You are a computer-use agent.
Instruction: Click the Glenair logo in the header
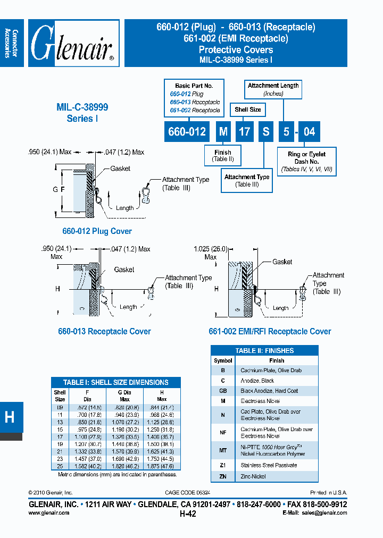(73, 43)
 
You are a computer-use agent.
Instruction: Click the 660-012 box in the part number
(187, 131)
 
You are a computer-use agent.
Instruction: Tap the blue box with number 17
(244, 131)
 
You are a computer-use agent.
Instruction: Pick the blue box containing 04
(309, 131)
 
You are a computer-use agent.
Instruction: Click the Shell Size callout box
(248, 110)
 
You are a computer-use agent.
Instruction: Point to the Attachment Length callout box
(273, 89)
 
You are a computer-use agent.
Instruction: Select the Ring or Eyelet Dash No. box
(306, 162)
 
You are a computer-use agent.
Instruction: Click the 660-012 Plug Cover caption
(97, 231)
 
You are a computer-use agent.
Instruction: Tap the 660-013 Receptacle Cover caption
(104, 331)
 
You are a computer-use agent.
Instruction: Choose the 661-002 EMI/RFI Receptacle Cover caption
(270, 331)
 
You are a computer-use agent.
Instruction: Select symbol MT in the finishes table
(223, 450)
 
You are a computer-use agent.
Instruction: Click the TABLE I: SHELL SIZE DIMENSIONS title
(115, 382)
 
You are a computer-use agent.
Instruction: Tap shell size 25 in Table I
(60, 466)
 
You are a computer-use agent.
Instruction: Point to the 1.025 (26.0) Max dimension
(211, 252)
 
